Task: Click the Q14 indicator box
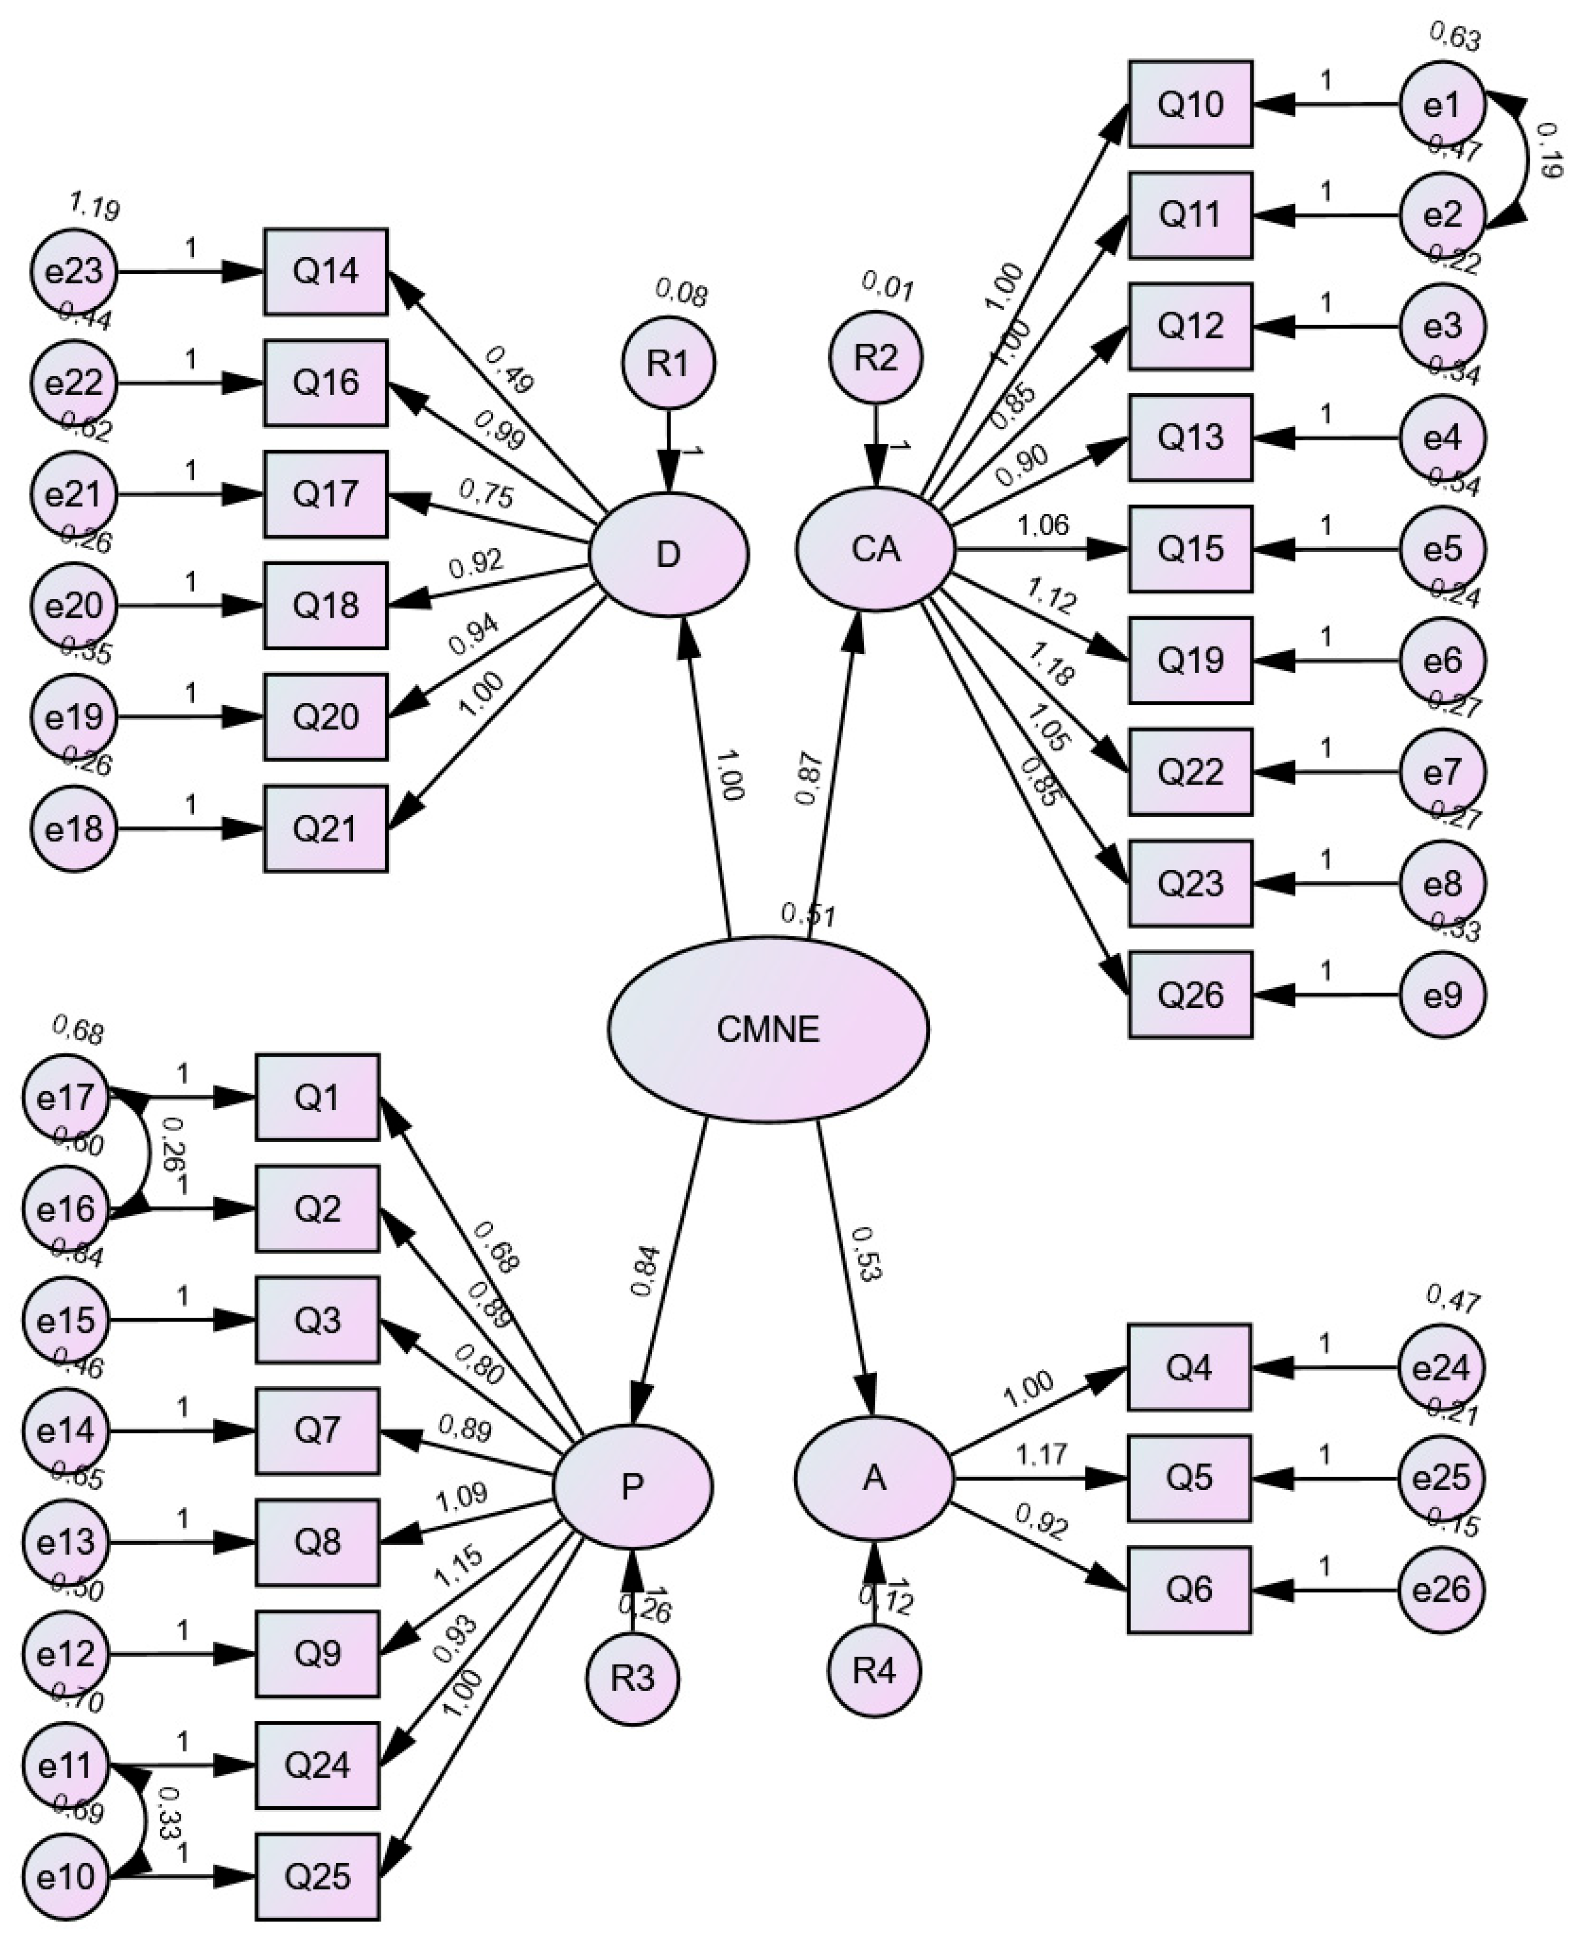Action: pyautogui.click(x=326, y=272)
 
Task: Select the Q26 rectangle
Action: pyautogui.click(x=1190, y=995)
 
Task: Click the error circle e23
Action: pyautogui.click(x=73, y=272)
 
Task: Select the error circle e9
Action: pyautogui.click(x=1443, y=995)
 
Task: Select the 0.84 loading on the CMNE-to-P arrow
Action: pyautogui.click(x=645, y=1270)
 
